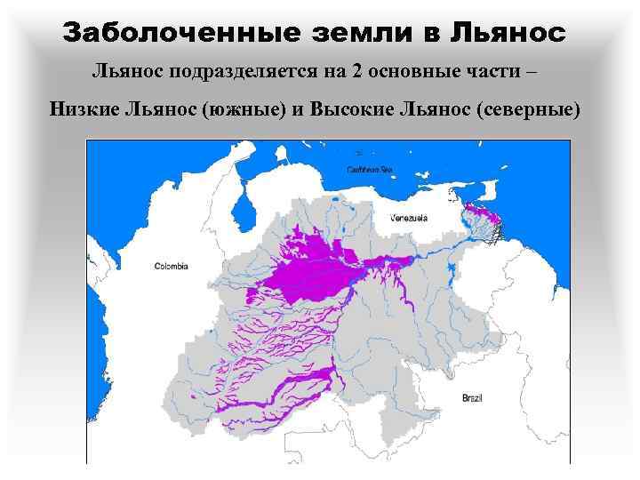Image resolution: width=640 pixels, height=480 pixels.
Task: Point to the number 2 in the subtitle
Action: tap(356, 71)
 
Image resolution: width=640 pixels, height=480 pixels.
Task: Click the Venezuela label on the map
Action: tap(408, 218)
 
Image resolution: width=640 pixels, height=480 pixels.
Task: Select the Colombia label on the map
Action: tap(171, 266)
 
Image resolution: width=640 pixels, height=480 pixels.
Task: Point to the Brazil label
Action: tap(472, 399)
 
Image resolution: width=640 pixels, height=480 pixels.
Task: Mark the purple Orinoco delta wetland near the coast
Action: tap(484, 213)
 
